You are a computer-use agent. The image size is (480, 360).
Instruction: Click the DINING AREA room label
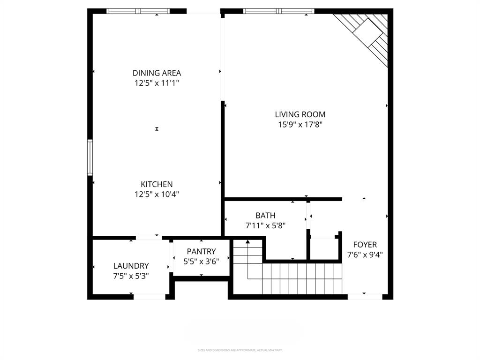[157, 73]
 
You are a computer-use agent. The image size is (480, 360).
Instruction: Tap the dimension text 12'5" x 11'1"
[157, 83]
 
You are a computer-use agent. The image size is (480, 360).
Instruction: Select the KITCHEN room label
[157, 184]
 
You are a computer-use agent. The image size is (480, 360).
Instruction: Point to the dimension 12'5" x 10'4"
[157, 194]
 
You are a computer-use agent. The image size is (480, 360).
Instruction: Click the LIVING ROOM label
[300, 114]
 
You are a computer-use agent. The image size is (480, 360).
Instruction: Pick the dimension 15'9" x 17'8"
[300, 124]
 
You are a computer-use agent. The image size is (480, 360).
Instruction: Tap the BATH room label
[265, 216]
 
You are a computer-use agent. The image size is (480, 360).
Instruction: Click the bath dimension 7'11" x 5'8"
[265, 225]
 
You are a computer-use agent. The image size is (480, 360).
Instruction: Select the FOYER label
[365, 245]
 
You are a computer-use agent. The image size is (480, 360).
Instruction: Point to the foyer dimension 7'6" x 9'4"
[365, 255]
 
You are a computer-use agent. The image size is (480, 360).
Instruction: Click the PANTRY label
[201, 252]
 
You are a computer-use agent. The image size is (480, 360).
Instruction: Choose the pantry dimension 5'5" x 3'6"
[201, 261]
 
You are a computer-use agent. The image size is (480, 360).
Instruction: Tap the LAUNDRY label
[131, 266]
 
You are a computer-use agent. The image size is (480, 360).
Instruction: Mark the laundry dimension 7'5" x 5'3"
[131, 276]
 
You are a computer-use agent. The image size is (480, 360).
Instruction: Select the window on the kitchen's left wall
[90, 157]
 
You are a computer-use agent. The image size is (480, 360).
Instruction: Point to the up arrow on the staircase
[248, 242]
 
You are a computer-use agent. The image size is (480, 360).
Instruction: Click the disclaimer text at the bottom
[240, 350]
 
